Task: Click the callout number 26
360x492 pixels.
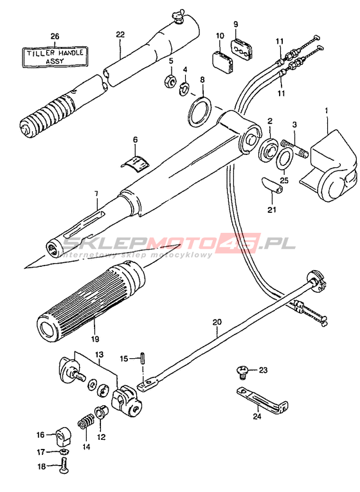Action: [55, 37]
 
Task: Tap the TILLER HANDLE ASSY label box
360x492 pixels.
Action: [55, 57]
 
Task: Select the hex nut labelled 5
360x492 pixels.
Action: [169, 81]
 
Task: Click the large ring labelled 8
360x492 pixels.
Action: [200, 112]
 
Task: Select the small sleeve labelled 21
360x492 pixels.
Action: [272, 185]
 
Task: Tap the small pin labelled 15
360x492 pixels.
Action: [143, 358]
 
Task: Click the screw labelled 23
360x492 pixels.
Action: [242, 372]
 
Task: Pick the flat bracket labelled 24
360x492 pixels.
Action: [263, 399]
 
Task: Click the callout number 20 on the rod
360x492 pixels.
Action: [217, 322]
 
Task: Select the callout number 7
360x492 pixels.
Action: [96, 194]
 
